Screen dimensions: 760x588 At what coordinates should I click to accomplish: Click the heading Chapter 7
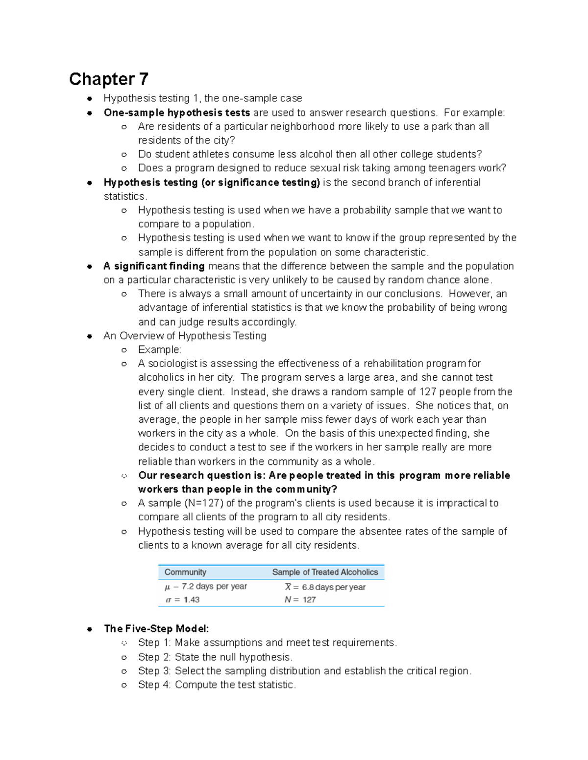(x=108, y=79)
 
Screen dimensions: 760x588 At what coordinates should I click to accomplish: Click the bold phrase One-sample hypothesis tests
(x=177, y=113)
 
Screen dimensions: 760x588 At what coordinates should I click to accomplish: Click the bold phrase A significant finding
(x=154, y=266)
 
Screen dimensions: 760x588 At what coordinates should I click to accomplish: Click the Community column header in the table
(x=185, y=572)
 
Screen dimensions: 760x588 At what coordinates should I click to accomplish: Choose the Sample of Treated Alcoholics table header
(x=325, y=572)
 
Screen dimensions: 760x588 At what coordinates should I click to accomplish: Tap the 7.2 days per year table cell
(x=214, y=586)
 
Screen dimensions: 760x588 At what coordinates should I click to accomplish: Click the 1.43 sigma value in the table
(x=192, y=600)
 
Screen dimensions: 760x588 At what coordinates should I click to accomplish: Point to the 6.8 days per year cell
(x=333, y=587)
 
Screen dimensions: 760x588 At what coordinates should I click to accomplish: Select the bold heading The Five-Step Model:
(x=156, y=629)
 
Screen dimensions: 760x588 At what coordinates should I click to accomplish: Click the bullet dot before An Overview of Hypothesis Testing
(x=90, y=336)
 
